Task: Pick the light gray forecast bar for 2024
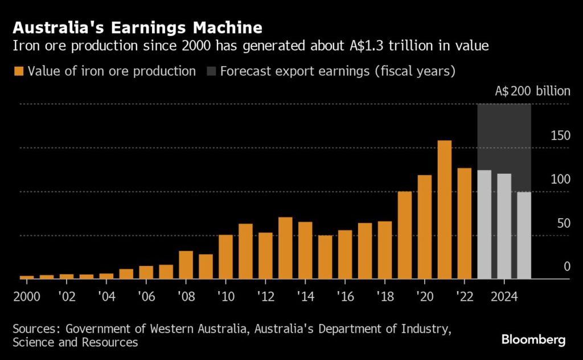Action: coord(504,226)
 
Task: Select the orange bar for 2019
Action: coord(405,235)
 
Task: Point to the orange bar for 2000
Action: coord(27,277)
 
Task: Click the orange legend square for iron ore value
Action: coord(19,71)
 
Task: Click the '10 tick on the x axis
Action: coord(225,297)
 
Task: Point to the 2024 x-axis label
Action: coord(504,297)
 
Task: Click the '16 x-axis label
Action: coord(345,297)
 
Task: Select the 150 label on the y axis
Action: coord(560,136)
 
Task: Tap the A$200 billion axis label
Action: coord(531,91)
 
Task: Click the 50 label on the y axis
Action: coord(562,223)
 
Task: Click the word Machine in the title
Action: coord(224,27)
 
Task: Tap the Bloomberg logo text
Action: coord(533,340)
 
